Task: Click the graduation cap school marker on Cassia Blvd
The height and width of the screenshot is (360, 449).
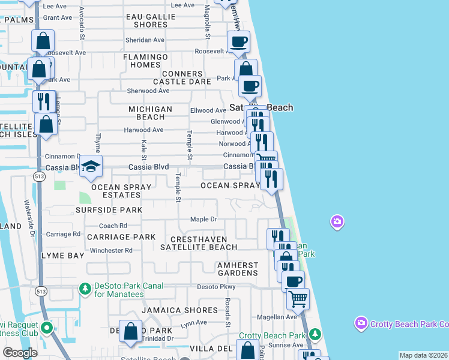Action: click(91, 167)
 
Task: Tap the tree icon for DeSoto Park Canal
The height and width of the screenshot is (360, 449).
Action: click(85, 289)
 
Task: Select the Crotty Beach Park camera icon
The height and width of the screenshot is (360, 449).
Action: click(361, 324)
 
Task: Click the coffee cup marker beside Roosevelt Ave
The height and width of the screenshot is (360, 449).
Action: click(238, 42)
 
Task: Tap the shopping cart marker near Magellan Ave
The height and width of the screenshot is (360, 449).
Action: click(298, 298)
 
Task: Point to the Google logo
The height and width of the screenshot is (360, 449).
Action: click(20, 353)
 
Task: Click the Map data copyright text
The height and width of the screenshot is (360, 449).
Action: click(423, 355)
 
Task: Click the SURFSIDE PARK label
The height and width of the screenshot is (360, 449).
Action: click(109, 210)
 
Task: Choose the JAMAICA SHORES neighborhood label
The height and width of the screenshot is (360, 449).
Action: click(179, 310)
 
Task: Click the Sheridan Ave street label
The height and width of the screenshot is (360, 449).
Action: click(145, 40)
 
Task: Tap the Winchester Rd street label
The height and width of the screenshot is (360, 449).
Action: click(111, 250)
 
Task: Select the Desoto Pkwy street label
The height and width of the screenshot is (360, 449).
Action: click(217, 287)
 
